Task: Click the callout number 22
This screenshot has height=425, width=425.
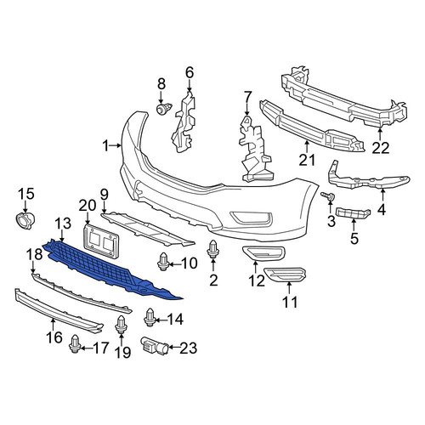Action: click(x=381, y=148)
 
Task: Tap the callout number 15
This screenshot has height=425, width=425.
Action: click(x=26, y=194)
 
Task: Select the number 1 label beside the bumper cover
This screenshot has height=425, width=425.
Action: click(x=105, y=146)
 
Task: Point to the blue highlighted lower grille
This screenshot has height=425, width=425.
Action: click(x=110, y=269)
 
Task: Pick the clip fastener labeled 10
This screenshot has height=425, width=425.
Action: click(x=163, y=261)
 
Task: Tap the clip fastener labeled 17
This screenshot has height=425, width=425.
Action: click(x=75, y=344)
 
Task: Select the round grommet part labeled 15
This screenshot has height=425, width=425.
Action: click(x=25, y=221)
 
